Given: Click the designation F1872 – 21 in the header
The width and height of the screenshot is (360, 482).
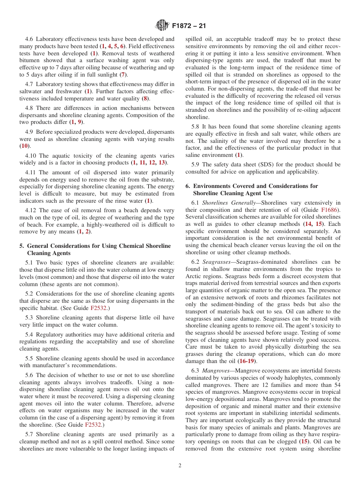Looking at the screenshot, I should click(189, 26).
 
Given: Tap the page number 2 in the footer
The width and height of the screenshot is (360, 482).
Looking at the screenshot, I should click(180, 466).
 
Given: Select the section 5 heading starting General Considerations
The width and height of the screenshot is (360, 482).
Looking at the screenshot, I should click(95, 249).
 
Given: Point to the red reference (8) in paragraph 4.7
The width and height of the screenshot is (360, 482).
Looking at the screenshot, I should click(145, 99).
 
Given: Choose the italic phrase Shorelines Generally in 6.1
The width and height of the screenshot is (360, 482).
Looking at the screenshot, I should click(229, 202).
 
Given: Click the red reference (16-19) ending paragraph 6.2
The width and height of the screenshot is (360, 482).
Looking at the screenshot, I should click(247, 361).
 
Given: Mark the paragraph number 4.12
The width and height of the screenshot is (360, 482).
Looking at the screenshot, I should click(31, 210).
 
